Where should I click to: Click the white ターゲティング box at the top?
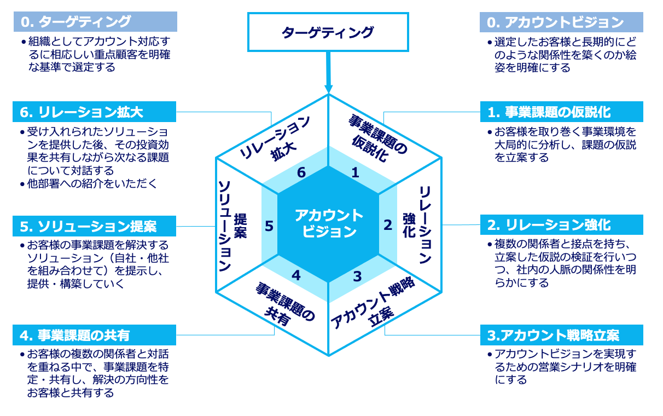tap(328, 32)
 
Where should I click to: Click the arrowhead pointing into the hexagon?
tap(329, 88)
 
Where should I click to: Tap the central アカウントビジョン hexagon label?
tap(328, 223)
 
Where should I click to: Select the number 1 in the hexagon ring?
tap(355, 173)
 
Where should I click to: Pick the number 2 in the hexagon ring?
tap(387, 225)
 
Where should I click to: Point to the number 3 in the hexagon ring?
tap(357, 276)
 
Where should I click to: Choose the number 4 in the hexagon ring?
tap(296, 275)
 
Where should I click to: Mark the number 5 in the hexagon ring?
tap(269, 226)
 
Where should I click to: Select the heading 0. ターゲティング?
tap(77, 22)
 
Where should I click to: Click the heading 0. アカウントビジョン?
tap(556, 22)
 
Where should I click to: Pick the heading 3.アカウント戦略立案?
tap(553, 335)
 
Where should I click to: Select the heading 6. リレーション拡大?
tap(82, 113)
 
